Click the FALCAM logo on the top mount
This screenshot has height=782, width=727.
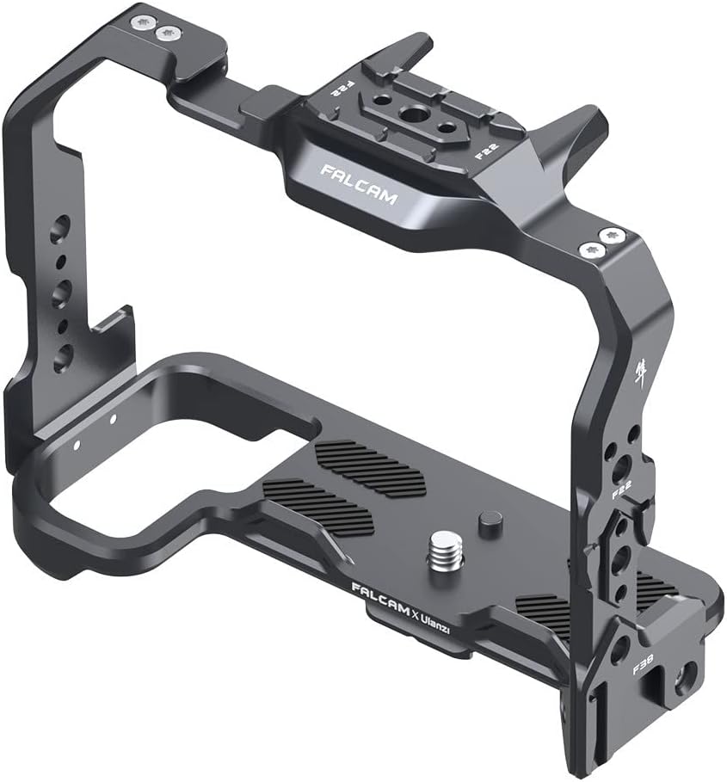[359, 183]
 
